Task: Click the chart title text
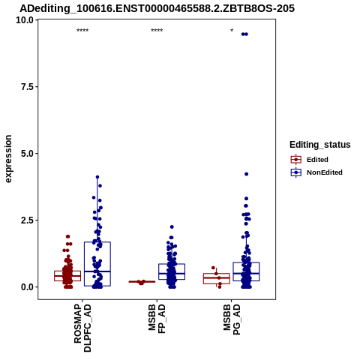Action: click(x=157, y=8)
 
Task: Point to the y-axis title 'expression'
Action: click(x=8, y=159)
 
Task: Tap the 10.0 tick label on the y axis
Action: click(x=25, y=20)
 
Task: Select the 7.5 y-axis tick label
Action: click(x=28, y=87)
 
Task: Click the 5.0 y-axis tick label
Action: click(x=28, y=154)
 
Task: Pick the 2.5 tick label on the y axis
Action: click(x=28, y=220)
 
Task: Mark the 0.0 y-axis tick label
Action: click(x=28, y=287)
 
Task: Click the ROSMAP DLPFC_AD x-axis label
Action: click(x=82, y=328)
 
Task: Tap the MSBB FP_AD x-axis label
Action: click(x=157, y=319)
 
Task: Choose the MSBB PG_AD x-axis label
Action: click(x=232, y=319)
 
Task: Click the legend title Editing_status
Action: click(x=320, y=145)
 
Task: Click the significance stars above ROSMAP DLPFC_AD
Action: click(x=82, y=31)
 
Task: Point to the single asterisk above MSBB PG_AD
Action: click(x=232, y=31)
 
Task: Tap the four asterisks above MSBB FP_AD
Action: click(x=157, y=31)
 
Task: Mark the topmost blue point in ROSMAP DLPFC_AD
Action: click(x=97, y=177)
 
